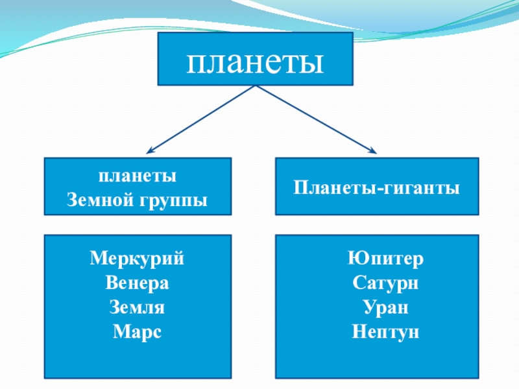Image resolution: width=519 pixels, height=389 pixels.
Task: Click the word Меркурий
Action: click(138, 259)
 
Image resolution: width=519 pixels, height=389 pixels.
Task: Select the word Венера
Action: click(138, 283)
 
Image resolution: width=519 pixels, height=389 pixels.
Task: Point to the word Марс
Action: click(138, 332)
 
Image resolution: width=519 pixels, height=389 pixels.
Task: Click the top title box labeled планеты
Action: click(256, 60)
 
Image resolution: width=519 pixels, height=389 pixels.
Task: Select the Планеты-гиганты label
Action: click(377, 188)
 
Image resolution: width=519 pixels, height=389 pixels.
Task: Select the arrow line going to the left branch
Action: click(201, 119)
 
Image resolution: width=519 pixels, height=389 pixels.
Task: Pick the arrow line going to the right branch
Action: click(311, 119)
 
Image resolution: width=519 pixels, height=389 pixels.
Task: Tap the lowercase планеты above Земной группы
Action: click(138, 176)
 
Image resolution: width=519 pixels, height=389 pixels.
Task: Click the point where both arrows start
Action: click(256, 86)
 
